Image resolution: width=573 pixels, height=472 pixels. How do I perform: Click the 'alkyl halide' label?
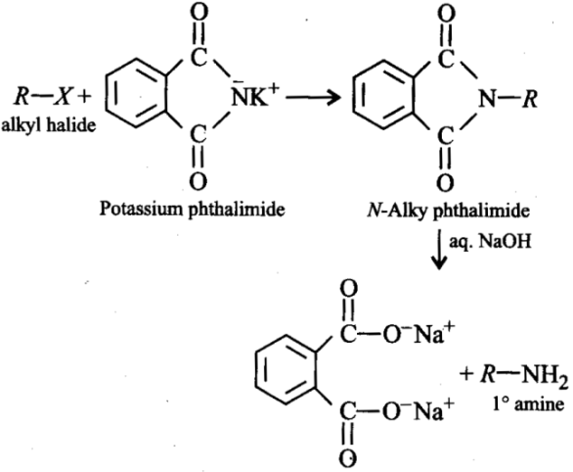coord(49,125)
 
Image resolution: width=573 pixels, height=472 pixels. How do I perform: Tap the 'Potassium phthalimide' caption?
coord(193,210)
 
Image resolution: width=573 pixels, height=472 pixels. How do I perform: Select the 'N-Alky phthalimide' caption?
coord(449,211)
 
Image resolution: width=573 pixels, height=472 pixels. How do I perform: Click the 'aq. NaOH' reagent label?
coord(490,242)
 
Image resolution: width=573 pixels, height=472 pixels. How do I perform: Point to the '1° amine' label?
coord(528,404)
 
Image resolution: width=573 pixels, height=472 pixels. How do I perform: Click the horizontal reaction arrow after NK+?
coord(313,97)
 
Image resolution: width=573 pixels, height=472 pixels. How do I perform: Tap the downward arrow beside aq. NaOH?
coord(439,249)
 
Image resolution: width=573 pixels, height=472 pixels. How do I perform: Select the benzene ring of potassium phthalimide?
coord(137,93)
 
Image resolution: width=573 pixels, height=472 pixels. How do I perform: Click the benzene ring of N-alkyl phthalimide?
coord(383,94)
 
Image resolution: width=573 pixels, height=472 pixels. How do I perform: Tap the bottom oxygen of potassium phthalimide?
coord(198,181)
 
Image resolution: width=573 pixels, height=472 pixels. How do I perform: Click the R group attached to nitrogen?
coord(530,99)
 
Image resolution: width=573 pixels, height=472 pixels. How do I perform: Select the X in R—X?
coord(63,97)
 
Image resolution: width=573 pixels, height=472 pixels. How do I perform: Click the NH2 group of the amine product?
coord(546,377)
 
